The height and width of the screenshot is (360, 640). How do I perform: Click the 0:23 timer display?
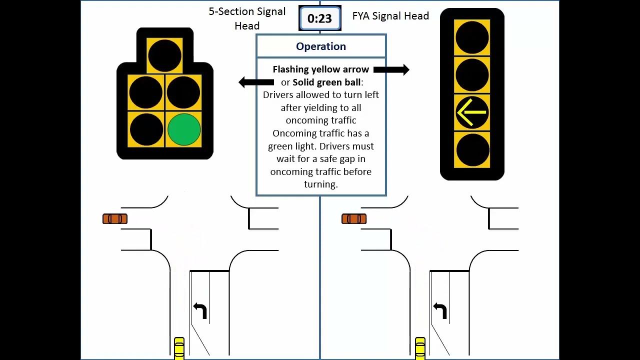click(x=319, y=19)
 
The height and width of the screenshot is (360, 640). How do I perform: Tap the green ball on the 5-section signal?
click(x=184, y=129)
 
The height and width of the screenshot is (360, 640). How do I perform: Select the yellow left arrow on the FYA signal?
click(x=472, y=112)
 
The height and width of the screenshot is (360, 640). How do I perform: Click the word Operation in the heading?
click(x=321, y=46)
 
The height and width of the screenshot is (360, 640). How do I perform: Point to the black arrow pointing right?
click(x=391, y=70)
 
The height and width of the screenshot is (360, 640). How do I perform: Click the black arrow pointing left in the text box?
click(x=256, y=82)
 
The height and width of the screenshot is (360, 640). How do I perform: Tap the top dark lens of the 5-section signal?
click(x=165, y=55)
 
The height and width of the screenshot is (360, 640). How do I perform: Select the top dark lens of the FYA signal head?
click(x=472, y=37)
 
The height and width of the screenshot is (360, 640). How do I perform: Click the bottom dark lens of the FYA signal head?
click(x=472, y=149)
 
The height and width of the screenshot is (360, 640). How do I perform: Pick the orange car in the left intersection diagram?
click(x=115, y=219)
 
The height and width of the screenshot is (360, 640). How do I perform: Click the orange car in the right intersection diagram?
click(x=354, y=219)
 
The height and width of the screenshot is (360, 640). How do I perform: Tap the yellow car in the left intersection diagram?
click(x=179, y=348)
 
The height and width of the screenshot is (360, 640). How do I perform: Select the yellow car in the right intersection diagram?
click(x=420, y=348)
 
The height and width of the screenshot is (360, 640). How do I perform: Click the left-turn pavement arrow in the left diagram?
click(x=200, y=310)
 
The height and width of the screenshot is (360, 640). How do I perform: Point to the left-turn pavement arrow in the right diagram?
click(x=440, y=310)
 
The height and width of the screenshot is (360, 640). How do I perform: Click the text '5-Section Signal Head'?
click(x=247, y=18)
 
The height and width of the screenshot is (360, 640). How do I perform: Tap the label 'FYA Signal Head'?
click(x=390, y=16)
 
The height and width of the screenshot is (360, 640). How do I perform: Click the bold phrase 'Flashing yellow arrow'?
click(x=320, y=69)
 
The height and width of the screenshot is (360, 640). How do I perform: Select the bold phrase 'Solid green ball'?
click(x=326, y=82)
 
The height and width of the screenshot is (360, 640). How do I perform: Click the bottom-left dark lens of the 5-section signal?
click(x=146, y=129)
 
